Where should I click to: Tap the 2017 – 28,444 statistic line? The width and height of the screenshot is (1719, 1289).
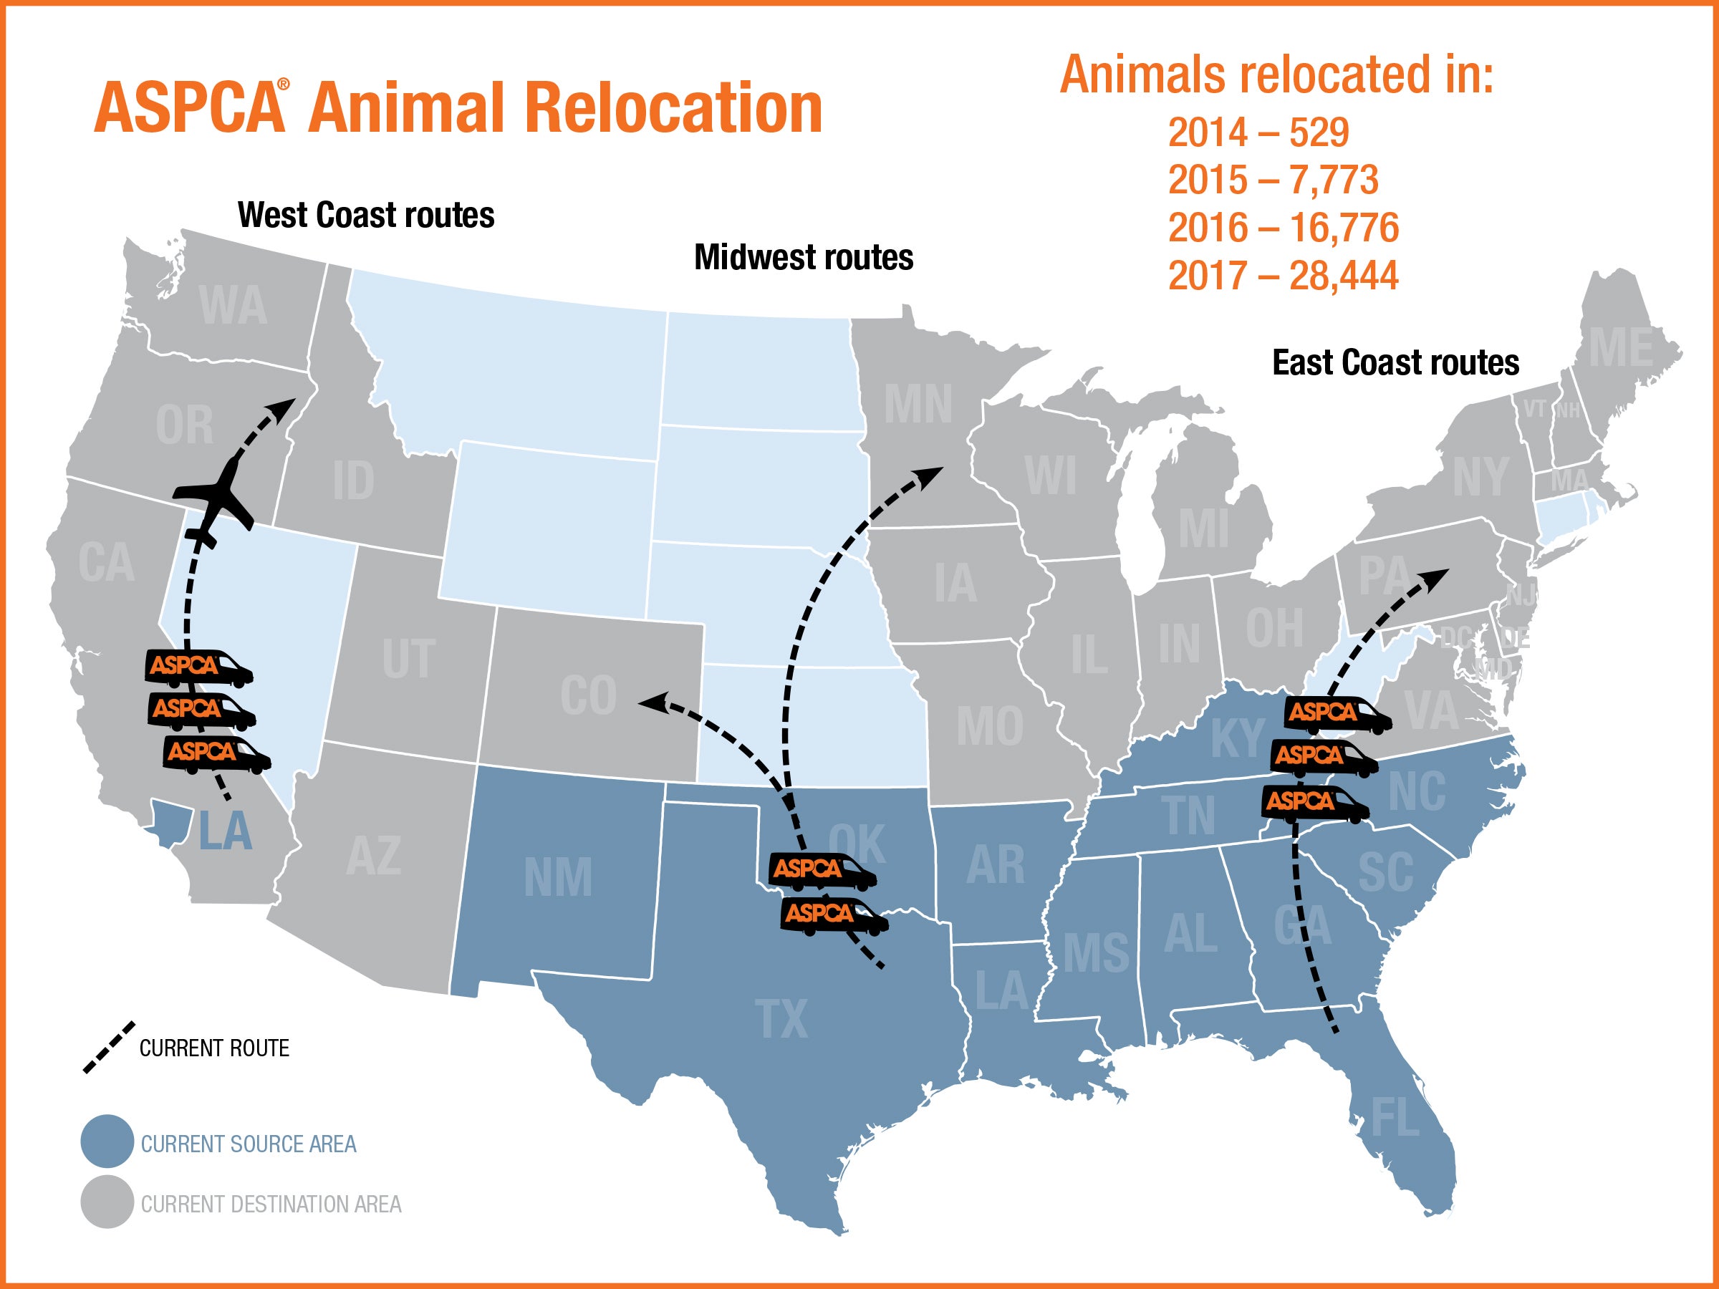[x=1282, y=276]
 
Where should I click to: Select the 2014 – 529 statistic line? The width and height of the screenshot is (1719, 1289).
[x=1258, y=132]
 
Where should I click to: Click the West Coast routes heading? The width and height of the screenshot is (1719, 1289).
[x=365, y=216]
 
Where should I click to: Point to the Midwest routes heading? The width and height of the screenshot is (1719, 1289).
[x=803, y=257]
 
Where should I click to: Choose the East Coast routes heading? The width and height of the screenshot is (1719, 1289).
[x=1395, y=363]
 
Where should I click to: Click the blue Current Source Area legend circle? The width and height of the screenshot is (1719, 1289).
[x=107, y=1141]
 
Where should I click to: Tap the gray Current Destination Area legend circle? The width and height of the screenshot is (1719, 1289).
[x=107, y=1202]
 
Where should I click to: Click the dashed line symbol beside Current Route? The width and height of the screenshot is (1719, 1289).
[x=109, y=1048]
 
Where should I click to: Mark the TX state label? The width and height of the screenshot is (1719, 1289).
[x=781, y=1018]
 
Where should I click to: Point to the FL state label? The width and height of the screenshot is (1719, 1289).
[x=1395, y=1118]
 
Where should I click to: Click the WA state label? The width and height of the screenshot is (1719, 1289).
[x=232, y=306]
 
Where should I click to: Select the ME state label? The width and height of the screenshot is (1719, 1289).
[x=1620, y=348]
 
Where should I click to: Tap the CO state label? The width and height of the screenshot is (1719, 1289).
[x=588, y=695]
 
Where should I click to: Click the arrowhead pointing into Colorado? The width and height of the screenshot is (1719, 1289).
[x=649, y=703]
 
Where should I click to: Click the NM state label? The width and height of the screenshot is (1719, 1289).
[x=557, y=878]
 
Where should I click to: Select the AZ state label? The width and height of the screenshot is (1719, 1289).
[x=373, y=856]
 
